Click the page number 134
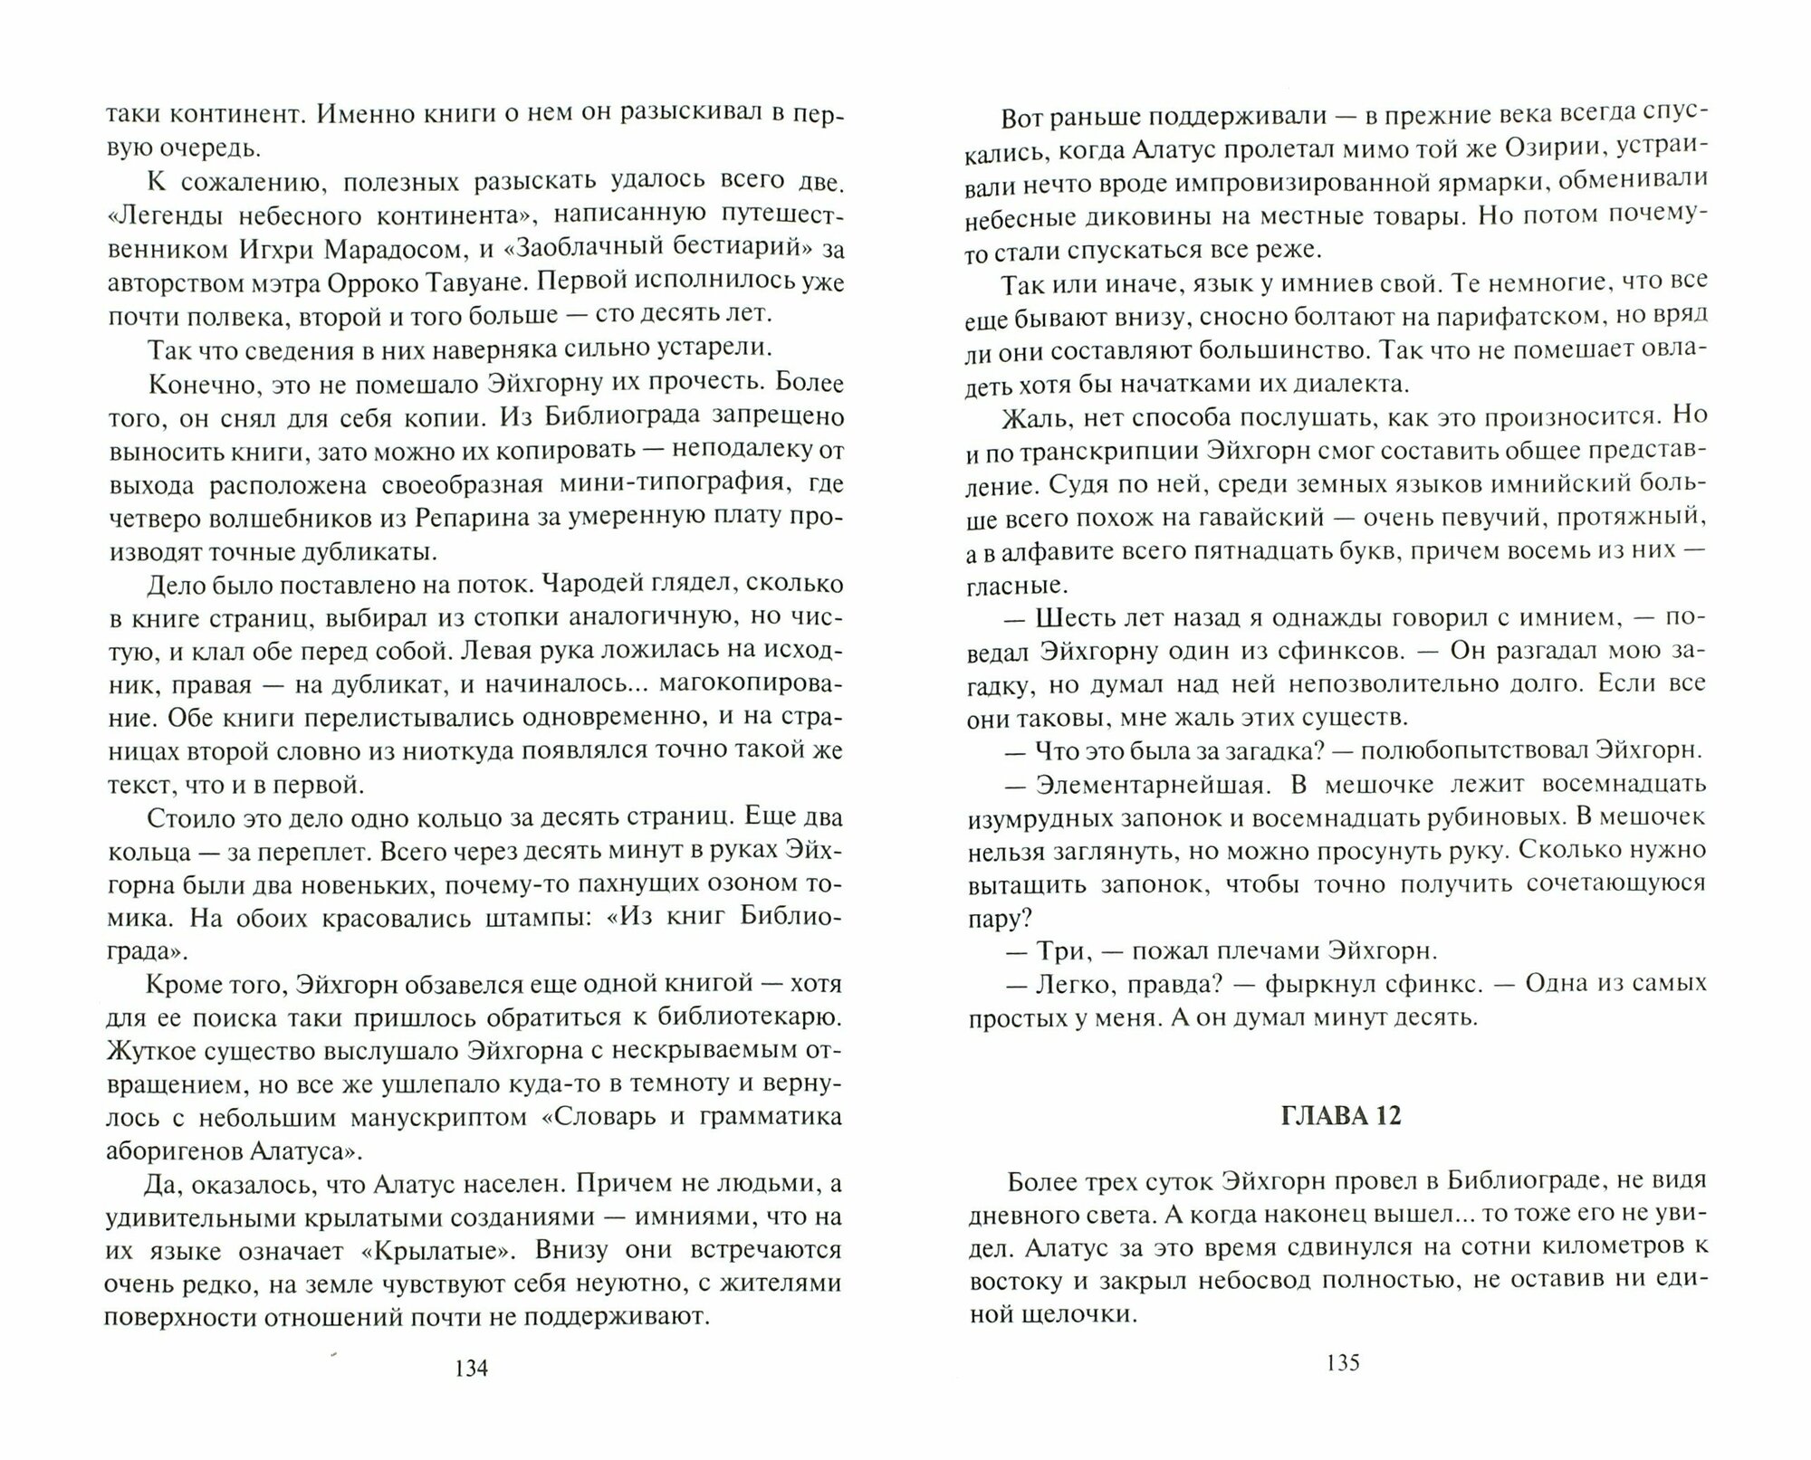point(472,1393)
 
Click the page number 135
point(1342,1388)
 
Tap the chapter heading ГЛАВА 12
point(1342,1116)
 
